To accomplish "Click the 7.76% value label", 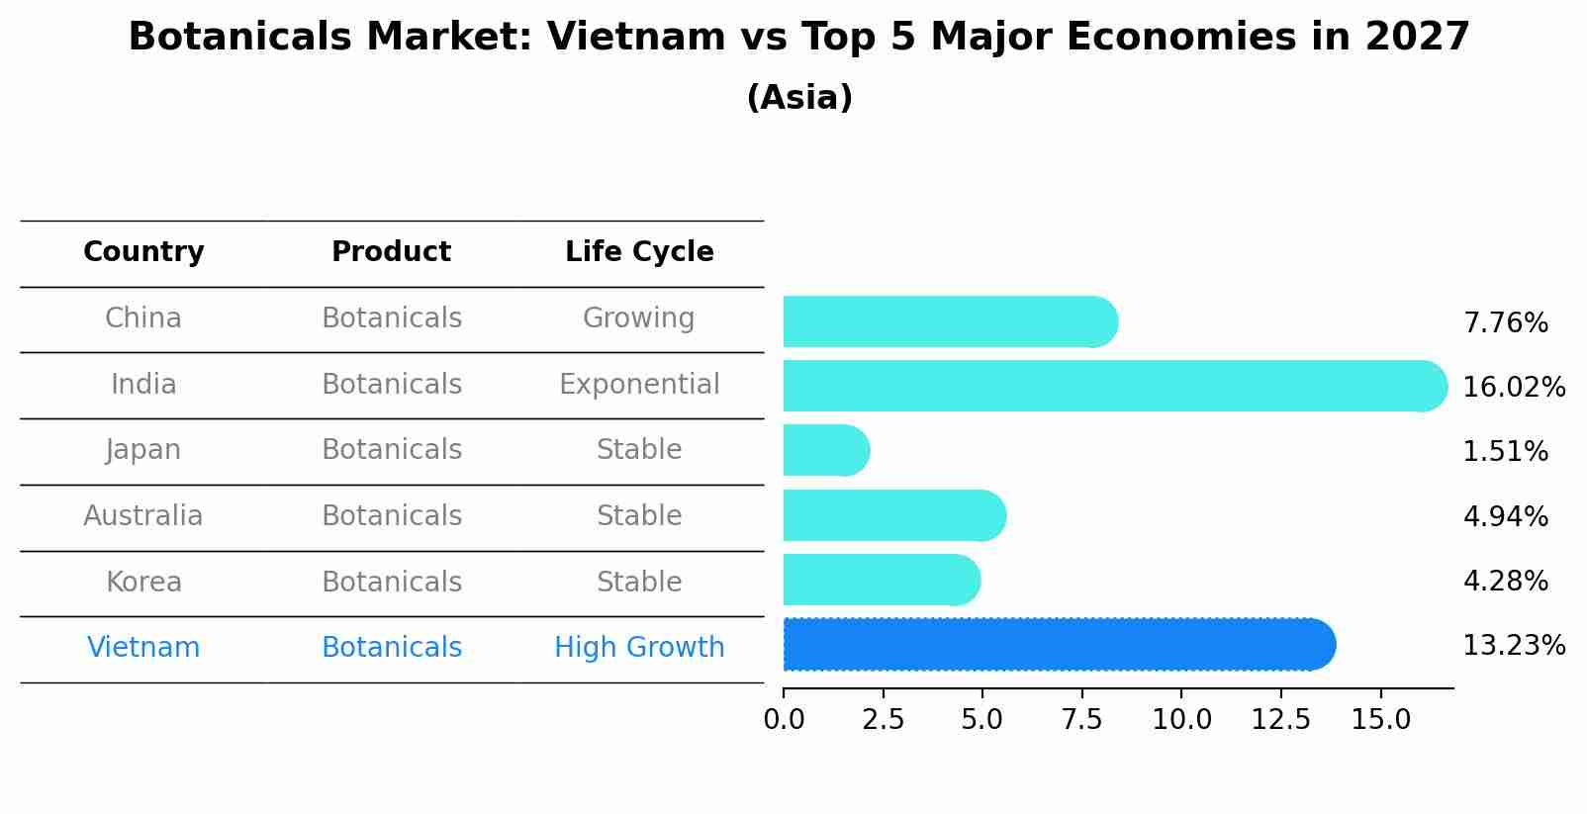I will click(x=1505, y=323).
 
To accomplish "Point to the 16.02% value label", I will click(x=1513, y=388).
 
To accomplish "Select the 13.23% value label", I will click(x=1513, y=646).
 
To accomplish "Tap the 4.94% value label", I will click(x=1505, y=516).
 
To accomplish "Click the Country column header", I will click(x=143, y=252).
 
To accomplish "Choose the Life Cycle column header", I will click(x=639, y=252).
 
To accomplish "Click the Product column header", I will click(x=391, y=252).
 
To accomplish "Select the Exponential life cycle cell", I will click(x=639, y=385).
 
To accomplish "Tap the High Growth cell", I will click(x=639, y=648).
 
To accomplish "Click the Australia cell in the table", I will click(x=143, y=516).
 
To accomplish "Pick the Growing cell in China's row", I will click(x=638, y=318).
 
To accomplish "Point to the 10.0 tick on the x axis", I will click(x=1181, y=720).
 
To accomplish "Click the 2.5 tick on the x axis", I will click(x=883, y=720).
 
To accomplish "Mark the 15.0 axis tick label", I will click(x=1380, y=720).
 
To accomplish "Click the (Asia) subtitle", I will click(x=798, y=98).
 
